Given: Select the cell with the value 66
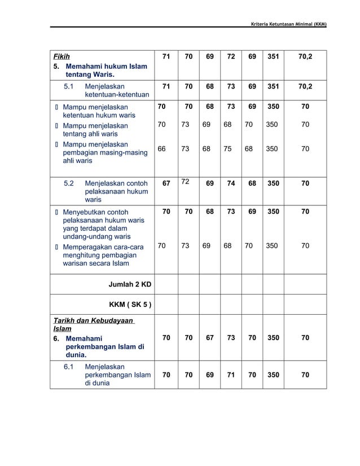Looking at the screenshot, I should [162, 149].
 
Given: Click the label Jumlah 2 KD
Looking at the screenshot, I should [129, 283].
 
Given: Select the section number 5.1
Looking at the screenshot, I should [69, 87].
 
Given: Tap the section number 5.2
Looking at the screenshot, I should [69, 183].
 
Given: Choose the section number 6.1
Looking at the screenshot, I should [69, 367].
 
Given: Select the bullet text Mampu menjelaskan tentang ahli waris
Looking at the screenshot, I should [95, 130].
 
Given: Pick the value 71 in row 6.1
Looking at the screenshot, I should [231, 374].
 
